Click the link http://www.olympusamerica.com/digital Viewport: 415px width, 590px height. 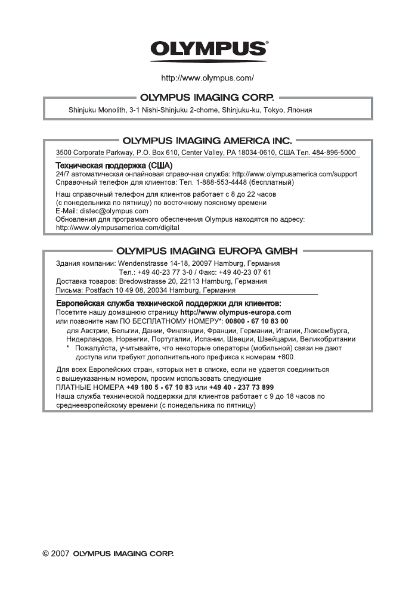117,228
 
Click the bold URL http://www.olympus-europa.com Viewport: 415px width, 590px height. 236,312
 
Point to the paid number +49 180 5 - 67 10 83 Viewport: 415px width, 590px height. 159,387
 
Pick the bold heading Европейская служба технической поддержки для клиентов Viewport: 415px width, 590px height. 164,303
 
